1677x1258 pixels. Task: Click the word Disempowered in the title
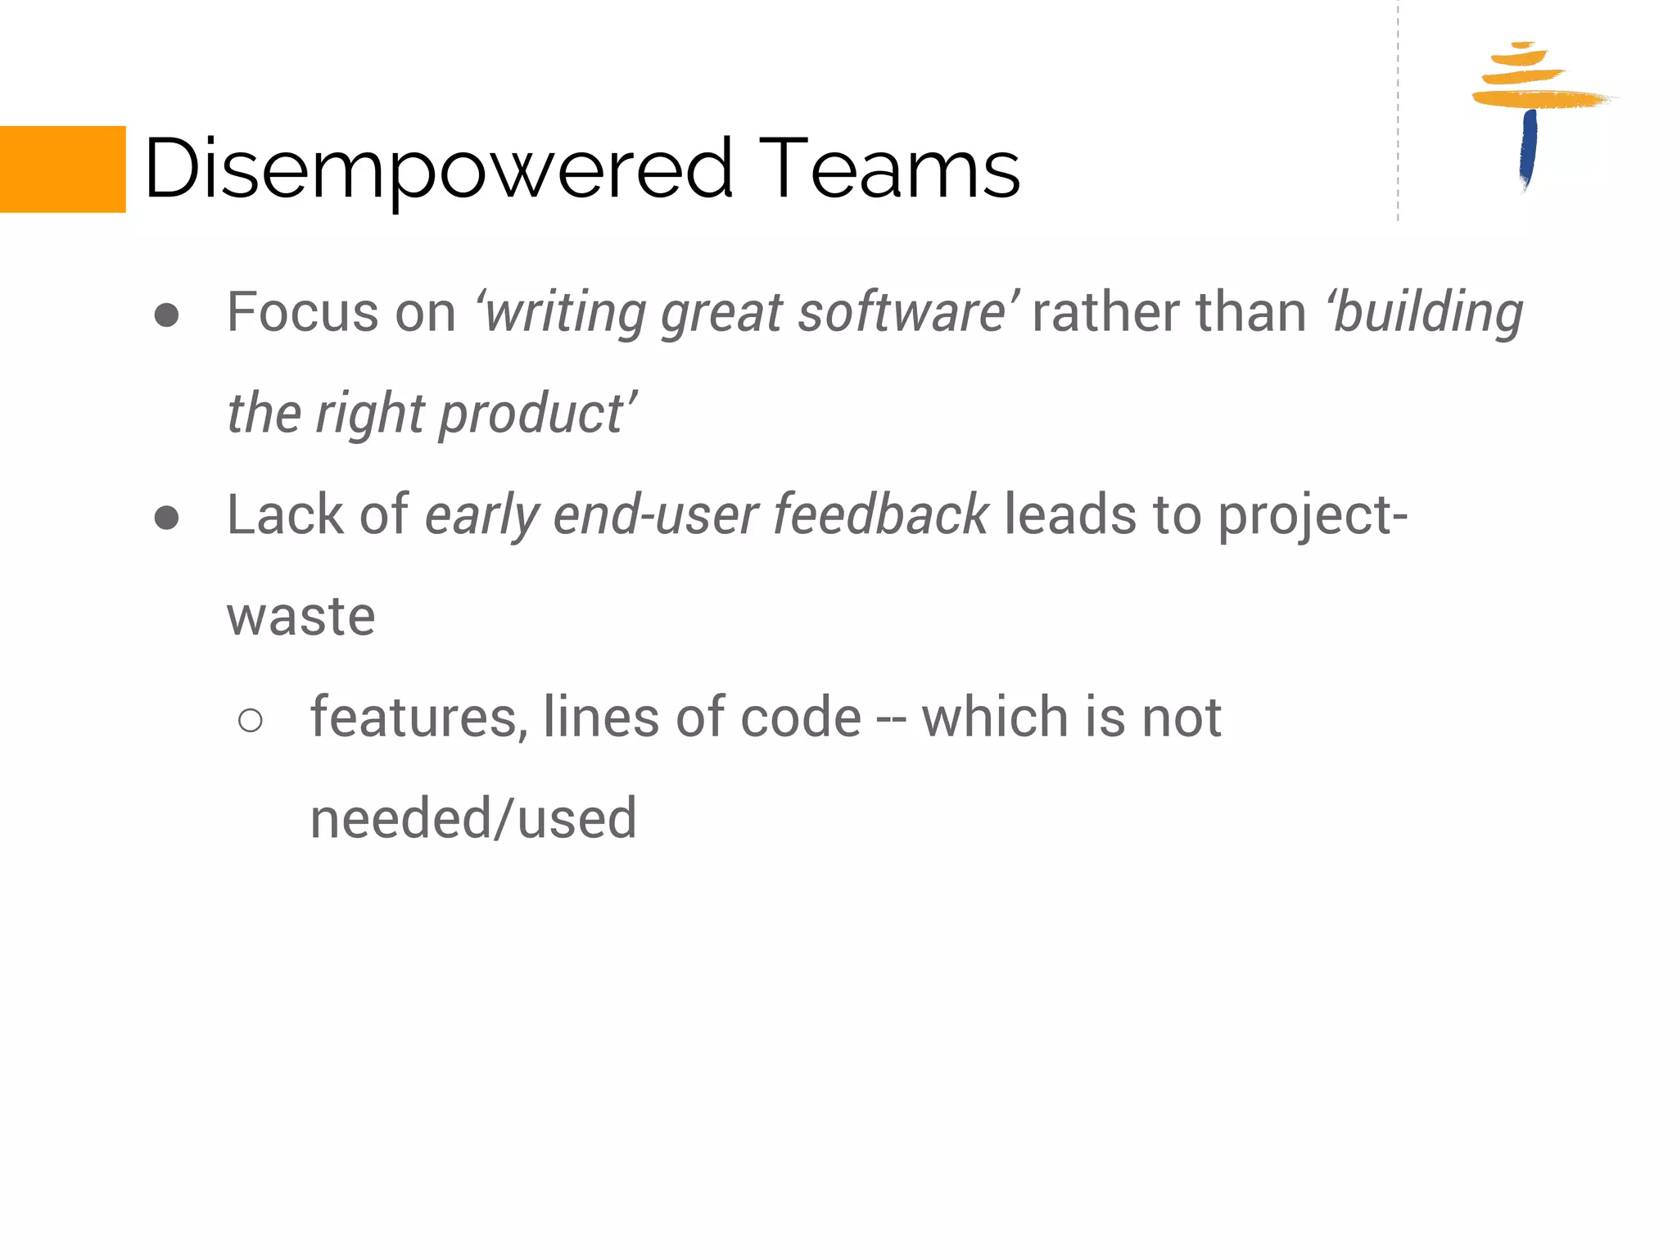click(438, 170)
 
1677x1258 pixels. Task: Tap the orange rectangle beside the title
click(62, 170)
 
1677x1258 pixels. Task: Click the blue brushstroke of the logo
click(1528, 147)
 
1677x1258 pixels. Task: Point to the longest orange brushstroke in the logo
click(1539, 100)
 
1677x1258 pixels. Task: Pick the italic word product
click(532, 414)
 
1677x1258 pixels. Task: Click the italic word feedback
click(881, 515)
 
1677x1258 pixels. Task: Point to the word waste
click(301, 617)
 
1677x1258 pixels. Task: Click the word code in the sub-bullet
click(801, 717)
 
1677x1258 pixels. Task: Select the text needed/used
click(473, 818)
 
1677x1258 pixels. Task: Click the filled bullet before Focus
click(167, 315)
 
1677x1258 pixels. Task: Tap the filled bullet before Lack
click(167, 518)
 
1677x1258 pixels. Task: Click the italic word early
click(482, 515)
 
